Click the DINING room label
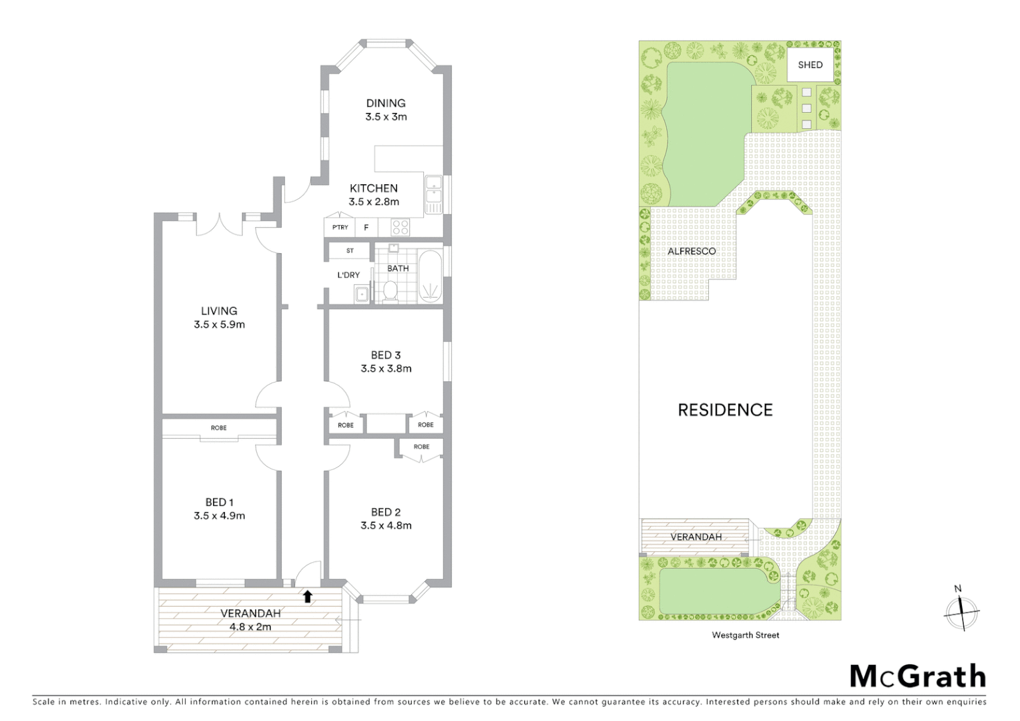point(385,103)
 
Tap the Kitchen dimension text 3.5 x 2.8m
point(374,202)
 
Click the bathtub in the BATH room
point(430,276)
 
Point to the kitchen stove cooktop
point(400,227)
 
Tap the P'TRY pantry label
point(340,228)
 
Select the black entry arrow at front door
point(307,596)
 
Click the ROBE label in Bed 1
point(218,428)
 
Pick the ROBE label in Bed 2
point(421,447)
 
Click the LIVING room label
point(219,310)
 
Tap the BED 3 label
point(385,355)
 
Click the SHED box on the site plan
point(810,65)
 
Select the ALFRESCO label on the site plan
point(692,251)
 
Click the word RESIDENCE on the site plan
point(725,410)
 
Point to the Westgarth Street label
point(745,635)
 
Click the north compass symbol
point(961,610)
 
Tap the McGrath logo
point(917,676)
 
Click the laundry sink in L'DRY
point(362,294)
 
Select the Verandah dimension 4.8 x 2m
point(250,627)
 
